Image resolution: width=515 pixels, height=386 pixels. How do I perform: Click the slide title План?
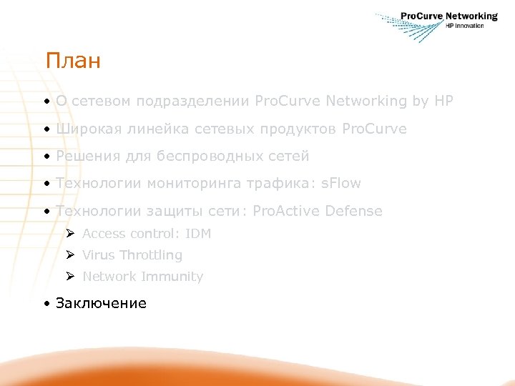click(72, 61)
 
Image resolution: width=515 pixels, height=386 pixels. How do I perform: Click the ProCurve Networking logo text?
click(448, 16)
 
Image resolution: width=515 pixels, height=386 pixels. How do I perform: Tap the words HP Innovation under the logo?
click(464, 26)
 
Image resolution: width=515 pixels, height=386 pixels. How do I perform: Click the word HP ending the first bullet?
click(443, 102)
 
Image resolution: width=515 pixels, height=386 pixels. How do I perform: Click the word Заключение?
click(101, 303)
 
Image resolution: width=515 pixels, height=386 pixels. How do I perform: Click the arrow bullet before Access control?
click(69, 234)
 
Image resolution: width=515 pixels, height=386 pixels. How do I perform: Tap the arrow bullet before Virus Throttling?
click(69, 255)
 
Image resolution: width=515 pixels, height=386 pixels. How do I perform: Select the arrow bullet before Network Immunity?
click(69, 277)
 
